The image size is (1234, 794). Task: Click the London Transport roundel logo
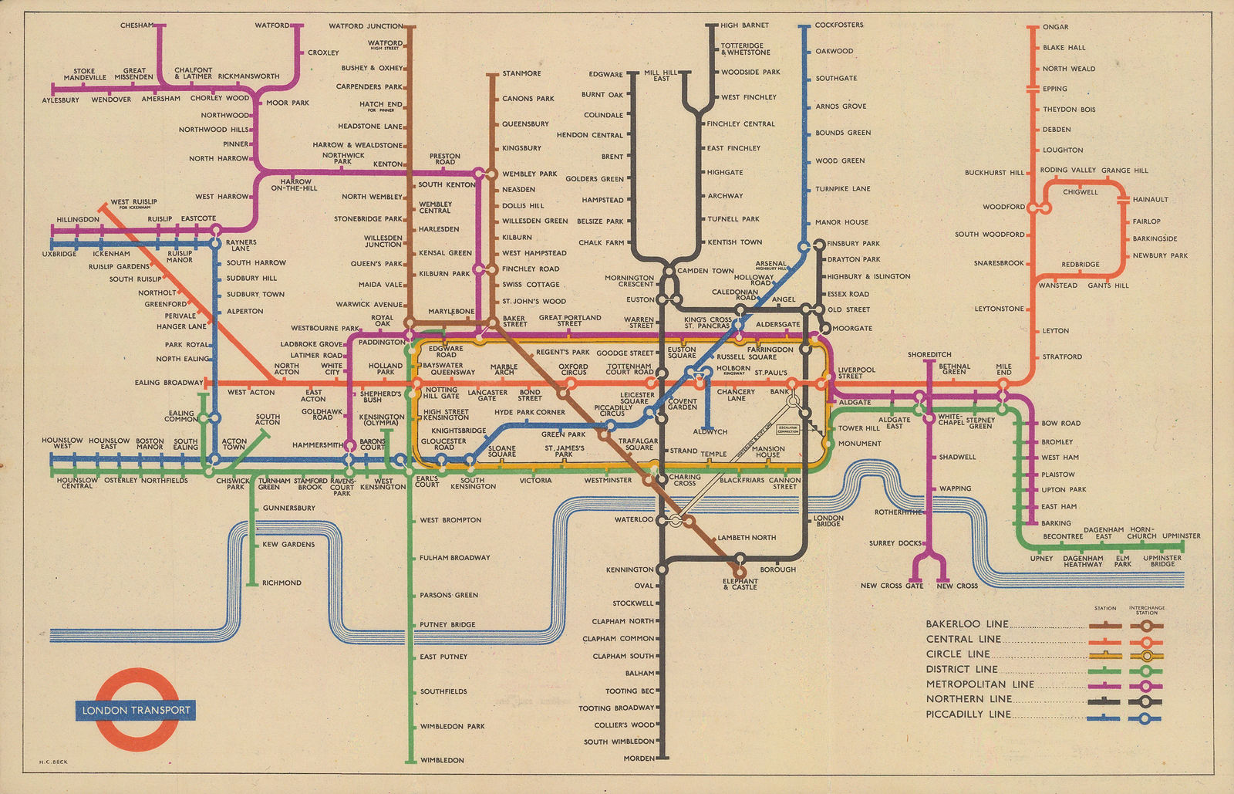136,710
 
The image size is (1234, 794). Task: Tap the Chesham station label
137,25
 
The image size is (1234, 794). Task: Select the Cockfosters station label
839,25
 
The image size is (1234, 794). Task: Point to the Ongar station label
1055,27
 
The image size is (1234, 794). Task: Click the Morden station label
639,759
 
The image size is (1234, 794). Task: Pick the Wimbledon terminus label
442,760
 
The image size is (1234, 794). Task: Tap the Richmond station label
282,583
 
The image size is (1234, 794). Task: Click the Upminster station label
1181,536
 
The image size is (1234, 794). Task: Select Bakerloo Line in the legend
966,624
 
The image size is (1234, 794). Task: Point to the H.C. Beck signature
53,762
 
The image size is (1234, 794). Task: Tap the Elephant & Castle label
740,584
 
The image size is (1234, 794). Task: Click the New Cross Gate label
892,586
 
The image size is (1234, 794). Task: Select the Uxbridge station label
59,254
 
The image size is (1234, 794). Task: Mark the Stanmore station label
521,73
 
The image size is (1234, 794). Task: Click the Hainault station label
1150,199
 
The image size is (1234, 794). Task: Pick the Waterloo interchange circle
661,520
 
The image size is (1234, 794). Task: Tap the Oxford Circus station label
574,370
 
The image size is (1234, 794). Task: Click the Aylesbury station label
60,100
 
